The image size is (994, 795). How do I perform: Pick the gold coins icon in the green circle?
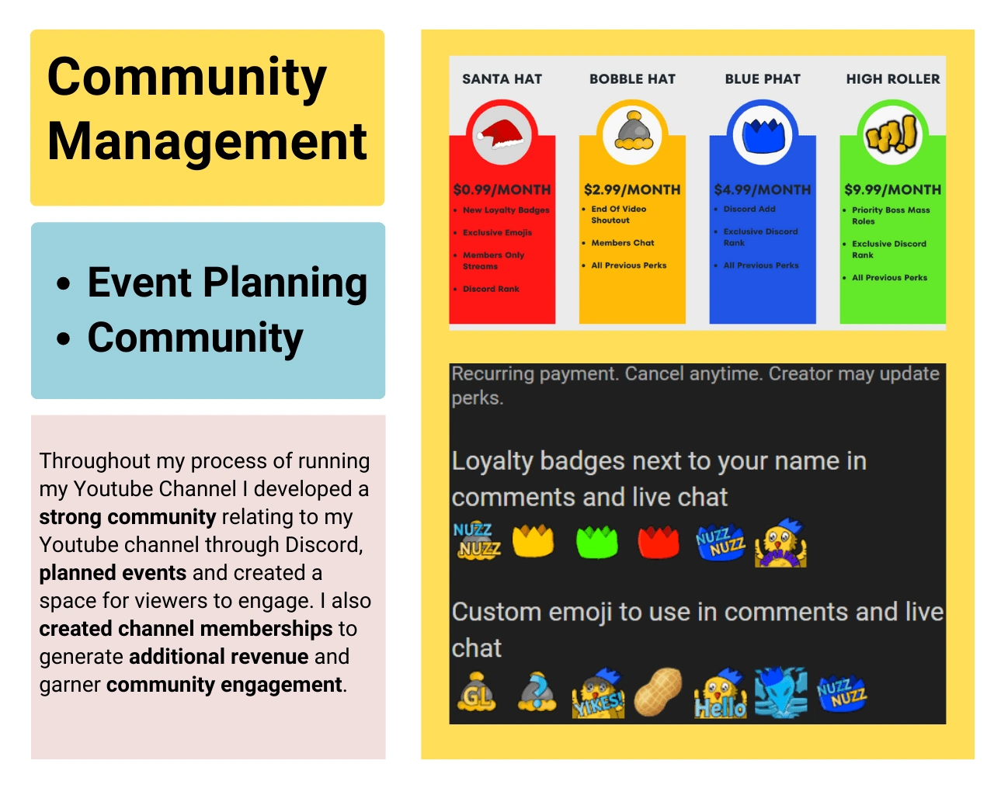click(891, 134)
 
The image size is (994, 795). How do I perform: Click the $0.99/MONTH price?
click(502, 189)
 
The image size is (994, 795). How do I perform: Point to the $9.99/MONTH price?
click(892, 189)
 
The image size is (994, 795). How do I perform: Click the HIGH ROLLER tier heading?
click(892, 79)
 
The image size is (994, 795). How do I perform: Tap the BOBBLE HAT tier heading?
click(632, 79)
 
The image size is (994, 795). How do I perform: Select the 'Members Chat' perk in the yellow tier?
click(623, 242)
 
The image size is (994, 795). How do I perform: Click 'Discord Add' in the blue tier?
click(749, 209)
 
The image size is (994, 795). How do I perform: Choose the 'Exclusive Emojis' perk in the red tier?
click(497, 232)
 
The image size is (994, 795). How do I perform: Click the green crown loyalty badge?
click(596, 541)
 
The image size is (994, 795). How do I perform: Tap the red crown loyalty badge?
click(658, 541)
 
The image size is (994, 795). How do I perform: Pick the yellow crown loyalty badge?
click(533, 540)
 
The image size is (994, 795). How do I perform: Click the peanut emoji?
click(657, 692)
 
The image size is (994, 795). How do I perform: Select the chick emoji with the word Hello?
click(720, 693)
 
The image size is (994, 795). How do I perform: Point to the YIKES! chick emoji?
click(598, 693)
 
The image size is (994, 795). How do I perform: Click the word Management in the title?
click(207, 142)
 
